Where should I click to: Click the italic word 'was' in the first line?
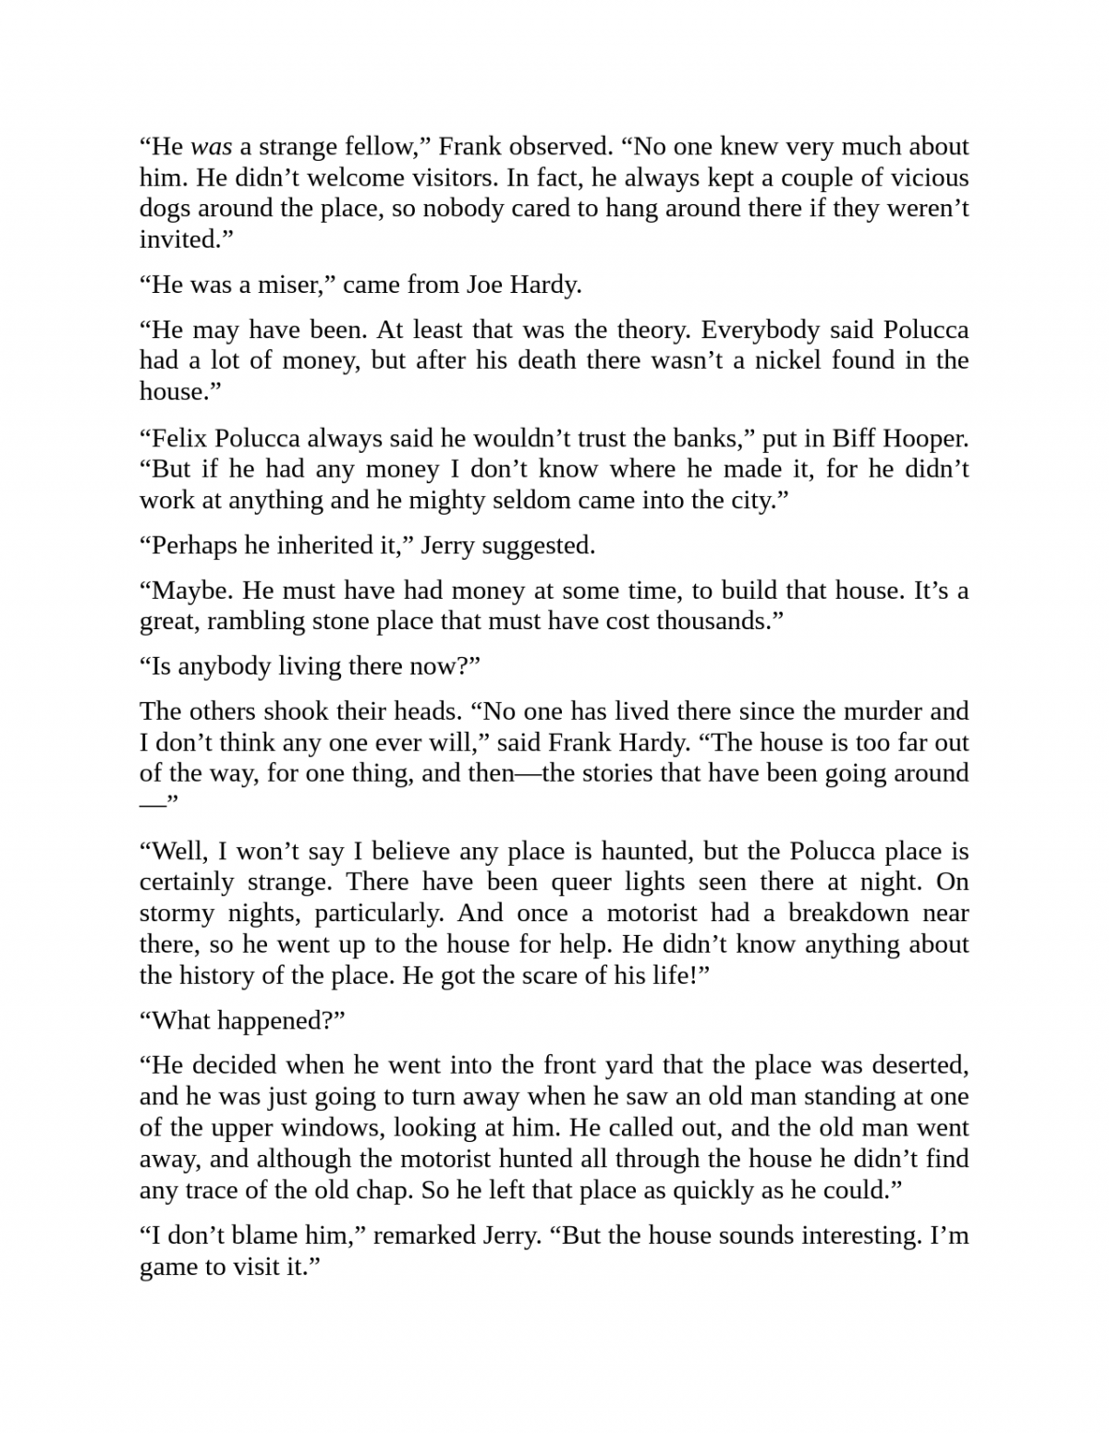click(211, 146)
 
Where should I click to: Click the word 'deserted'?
click(912, 1065)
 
